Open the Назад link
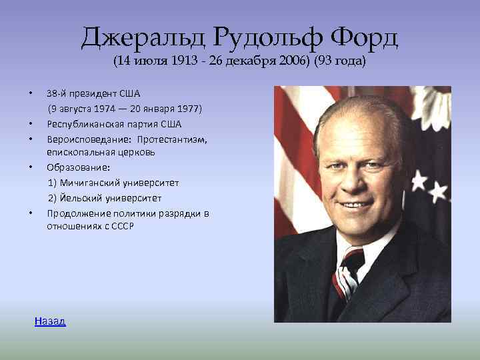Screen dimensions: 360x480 (50, 321)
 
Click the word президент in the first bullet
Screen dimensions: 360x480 (95, 93)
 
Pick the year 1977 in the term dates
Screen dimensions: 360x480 (190, 109)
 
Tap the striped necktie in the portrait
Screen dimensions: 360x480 (347, 270)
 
